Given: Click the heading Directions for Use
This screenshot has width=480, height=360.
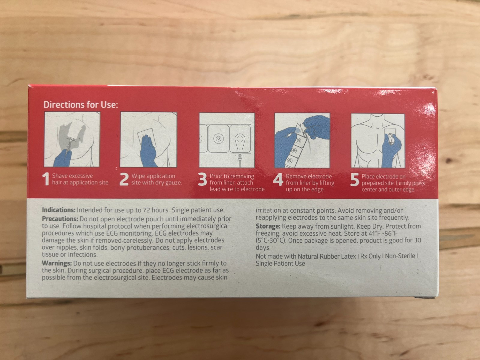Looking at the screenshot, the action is click(x=81, y=105).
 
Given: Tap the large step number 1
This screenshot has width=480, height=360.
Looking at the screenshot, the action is click(x=46, y=179).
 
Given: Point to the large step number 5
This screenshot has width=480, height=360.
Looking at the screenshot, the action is click(x=355, y=180).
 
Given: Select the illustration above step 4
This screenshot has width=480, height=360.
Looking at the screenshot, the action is click(x=302, y=140).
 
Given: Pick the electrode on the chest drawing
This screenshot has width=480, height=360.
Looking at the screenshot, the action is click(x=390, y=136).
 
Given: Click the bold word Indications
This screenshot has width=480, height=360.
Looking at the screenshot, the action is click(x=58, y=210).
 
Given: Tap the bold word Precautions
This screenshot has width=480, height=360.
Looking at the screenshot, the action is click(x=60, y=219).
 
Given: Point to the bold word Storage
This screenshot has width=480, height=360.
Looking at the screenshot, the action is click(x=268, y=226).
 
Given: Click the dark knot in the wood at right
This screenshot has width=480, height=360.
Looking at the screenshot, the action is click(x=449, y=161).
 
